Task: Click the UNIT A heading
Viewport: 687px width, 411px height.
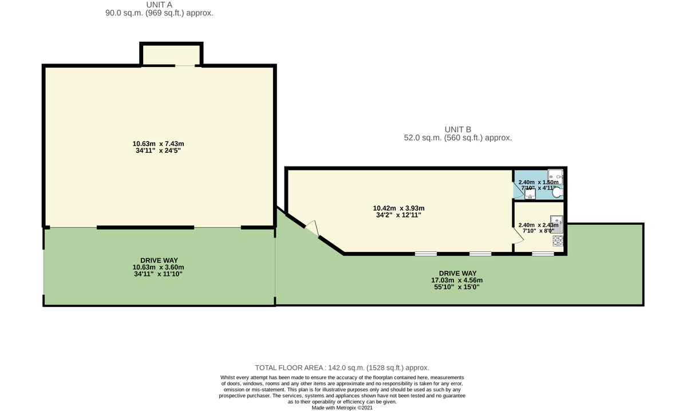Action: [159, 5]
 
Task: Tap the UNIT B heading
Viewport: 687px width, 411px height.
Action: [457, 129]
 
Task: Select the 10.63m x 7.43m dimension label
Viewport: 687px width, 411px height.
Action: [158, 144]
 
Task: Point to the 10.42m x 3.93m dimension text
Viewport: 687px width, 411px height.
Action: [398, 208]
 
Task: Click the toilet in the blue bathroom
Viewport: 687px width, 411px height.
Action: [556, 193]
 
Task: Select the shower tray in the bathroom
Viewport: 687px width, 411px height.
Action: [555, 175]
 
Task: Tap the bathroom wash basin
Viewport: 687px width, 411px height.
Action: [530, 195]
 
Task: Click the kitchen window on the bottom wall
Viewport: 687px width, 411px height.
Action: [542, 253]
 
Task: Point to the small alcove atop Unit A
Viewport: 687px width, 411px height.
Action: [171, 55]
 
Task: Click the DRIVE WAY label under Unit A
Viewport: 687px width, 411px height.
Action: [159, 260]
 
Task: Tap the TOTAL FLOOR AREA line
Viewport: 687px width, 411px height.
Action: [342, 368]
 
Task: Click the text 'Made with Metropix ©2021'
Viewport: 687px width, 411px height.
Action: [342, 408]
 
